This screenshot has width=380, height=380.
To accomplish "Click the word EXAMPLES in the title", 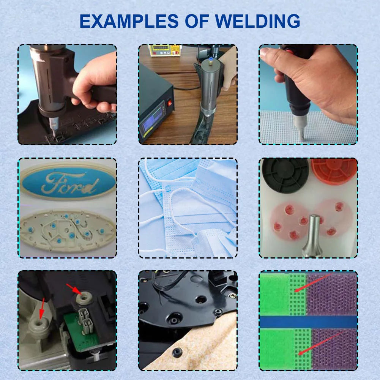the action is click(129, 21).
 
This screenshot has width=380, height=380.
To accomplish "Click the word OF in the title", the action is click(197, 21).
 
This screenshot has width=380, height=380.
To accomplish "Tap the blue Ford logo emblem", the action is click(68, 181).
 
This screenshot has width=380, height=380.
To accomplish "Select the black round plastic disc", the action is click(285, 175).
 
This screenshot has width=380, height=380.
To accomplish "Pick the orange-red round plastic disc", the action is click(334, 171).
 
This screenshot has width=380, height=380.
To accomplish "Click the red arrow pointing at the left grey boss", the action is click(42, 309).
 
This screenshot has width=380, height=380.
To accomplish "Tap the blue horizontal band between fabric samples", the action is click(308, 322).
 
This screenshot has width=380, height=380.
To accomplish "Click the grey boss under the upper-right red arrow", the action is click(84, 298).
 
